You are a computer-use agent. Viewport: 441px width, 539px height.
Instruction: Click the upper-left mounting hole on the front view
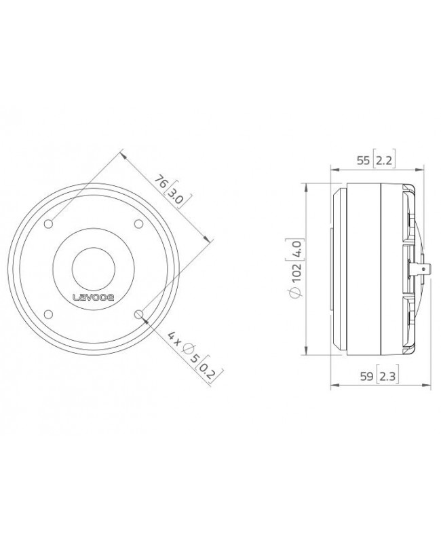pos(50,224)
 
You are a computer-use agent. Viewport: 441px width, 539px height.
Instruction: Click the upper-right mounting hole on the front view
pos(138,224)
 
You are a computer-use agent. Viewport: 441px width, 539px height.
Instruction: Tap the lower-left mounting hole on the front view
pos(50,313)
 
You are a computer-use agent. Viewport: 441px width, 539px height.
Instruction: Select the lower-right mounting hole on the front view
pos(138,313)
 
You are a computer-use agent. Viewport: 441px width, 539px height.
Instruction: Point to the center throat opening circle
pos(94,268)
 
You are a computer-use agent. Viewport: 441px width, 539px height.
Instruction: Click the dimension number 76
pos(161,182)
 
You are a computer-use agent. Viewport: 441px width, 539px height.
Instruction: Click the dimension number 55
pos(363,160)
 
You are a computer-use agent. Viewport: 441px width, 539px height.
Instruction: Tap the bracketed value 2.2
pos(385,160)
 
